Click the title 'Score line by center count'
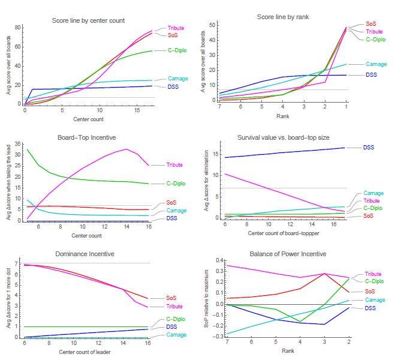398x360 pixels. [x=88, y=20]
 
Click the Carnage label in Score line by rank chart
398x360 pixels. [x=375, y=64]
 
